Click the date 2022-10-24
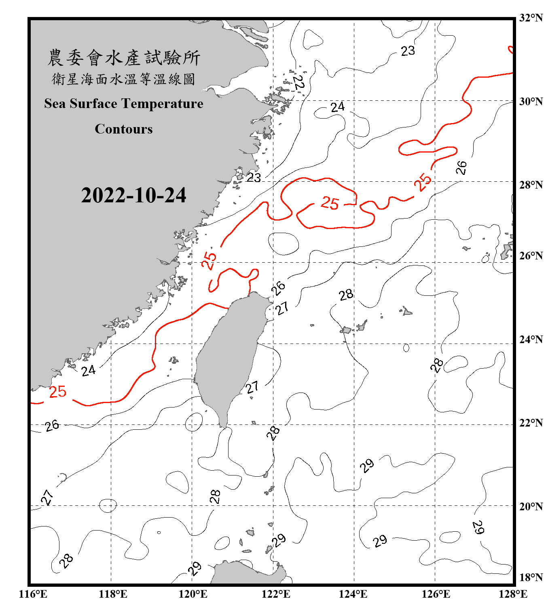(133, 195)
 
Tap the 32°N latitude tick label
(531, 18)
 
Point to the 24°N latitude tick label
(531, 340)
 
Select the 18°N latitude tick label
(531, 577)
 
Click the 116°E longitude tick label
(33, 594)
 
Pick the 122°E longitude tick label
(276, 594)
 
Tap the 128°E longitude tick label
(513, 594)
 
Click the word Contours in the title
(124, 129)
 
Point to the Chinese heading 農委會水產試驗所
(124, 58)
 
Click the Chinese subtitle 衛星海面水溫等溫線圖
(124, 79)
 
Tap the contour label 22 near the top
(298, 83)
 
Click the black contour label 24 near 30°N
(337, 107)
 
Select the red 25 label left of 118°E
(57, 392)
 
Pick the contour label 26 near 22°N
(52, 426)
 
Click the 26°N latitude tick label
(531, 256)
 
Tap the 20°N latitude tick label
(531, 506)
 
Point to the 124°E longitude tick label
(353, 594)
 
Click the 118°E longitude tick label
(113, 594)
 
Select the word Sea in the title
(55, 104)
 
